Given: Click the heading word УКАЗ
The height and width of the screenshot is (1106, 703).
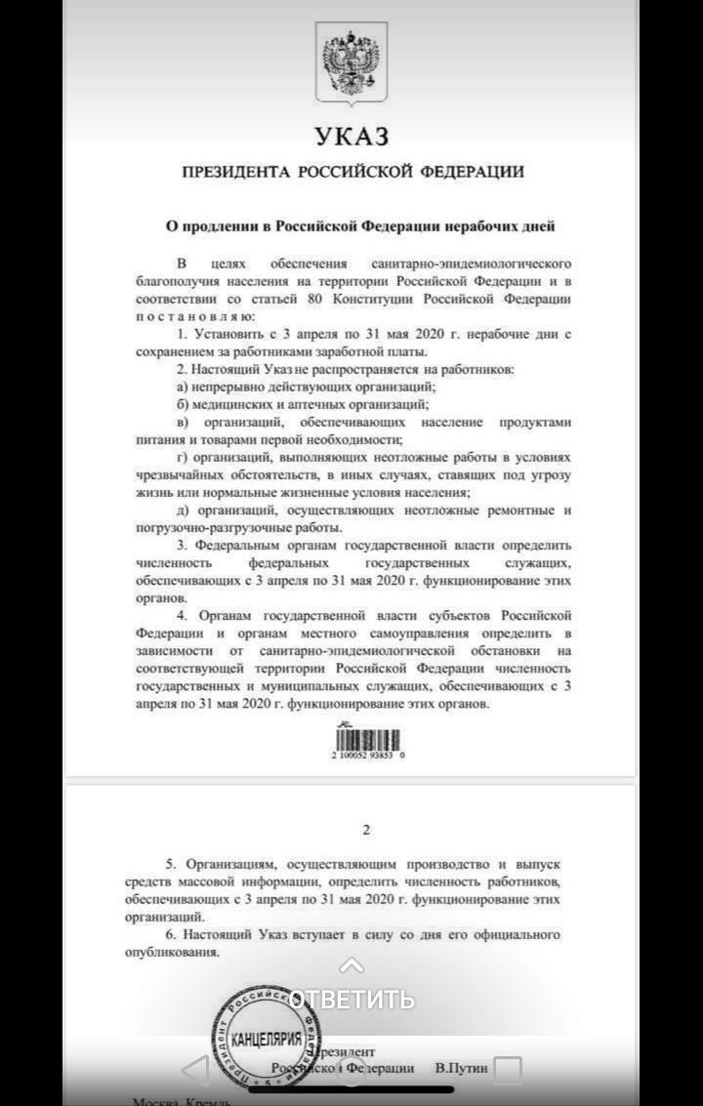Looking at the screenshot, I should (x=351, y=135).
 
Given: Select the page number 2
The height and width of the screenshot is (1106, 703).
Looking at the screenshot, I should (x=366, y=831).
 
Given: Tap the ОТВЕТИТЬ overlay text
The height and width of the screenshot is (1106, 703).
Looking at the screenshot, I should (x=352, y=1000).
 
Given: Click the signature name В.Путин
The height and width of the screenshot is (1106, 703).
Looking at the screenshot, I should (x=462, y=1068).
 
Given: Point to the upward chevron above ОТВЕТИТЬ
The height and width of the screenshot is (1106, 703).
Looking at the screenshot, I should (x=351, y=966).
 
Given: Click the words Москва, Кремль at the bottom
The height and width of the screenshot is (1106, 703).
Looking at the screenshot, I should (x=182, y=1101).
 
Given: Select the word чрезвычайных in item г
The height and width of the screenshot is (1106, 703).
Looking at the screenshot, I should (x=178, y=474).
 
